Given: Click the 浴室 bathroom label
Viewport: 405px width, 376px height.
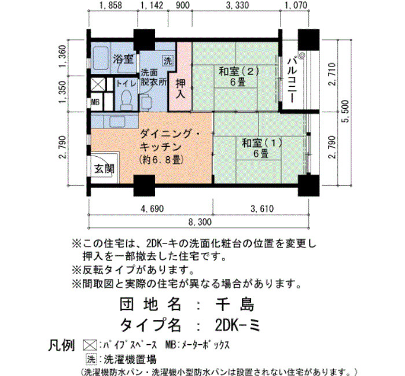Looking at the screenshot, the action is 123,59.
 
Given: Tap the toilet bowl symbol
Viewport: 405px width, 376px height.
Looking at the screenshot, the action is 126,99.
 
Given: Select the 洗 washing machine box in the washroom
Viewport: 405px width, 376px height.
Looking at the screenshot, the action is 168,61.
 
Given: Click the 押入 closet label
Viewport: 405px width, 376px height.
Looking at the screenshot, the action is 181,89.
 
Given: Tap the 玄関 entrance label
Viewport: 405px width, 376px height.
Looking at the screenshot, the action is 104,169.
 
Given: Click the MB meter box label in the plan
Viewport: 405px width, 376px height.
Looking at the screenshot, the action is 95,102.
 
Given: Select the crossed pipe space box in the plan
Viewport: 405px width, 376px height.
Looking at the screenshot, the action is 98,84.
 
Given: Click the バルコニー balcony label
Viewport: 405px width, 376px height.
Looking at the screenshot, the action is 293,80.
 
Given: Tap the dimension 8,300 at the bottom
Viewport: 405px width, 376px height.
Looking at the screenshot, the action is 200,222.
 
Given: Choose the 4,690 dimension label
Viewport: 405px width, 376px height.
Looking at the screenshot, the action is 152,208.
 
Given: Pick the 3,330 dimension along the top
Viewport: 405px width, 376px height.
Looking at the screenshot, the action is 237,5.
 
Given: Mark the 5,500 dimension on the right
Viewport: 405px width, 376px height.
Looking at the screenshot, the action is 345,111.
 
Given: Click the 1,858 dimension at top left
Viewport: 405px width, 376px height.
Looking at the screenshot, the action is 111,5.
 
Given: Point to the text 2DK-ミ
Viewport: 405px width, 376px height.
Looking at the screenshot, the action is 237,325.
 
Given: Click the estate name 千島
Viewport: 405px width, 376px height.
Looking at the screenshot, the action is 234,304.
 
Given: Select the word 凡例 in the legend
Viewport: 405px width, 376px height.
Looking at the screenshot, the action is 61,345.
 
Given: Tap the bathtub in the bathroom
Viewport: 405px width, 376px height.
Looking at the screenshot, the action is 100,60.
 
